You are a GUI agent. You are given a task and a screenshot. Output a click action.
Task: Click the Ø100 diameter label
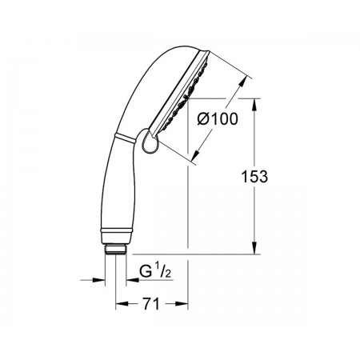tap(218, 119)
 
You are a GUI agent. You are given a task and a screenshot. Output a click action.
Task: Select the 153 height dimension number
tap(254, 177)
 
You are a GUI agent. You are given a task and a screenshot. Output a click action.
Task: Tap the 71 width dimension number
tap(151, 304)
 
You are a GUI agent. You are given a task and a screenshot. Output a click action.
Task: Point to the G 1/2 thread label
tap(155, 270)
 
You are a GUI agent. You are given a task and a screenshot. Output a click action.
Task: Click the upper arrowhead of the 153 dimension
tap(254, 105)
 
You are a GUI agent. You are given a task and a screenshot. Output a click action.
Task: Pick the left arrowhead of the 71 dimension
tap(122, 304)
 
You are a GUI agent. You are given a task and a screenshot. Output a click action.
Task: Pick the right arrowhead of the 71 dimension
tap(182, 304)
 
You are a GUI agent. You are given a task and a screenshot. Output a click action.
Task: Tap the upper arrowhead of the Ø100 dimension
tap(242, 81)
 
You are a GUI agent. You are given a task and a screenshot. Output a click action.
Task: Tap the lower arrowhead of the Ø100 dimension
tap(197, 155)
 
